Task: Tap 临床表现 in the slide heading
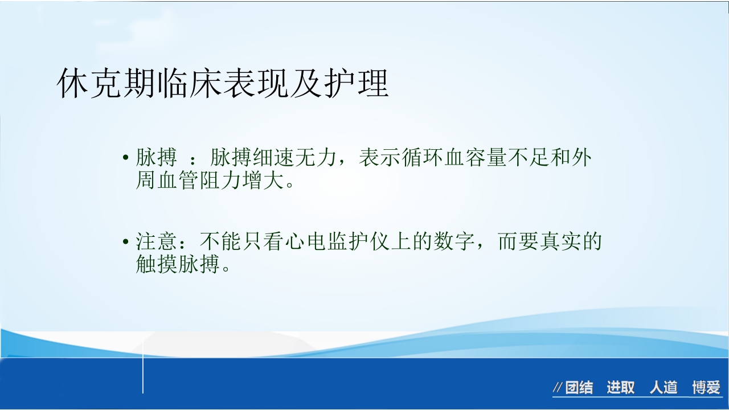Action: pyautogui.click(x=223, y=85)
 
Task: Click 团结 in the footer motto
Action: pyautogui.click(x=579, y=388)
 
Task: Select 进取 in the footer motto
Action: pyautogui.click(x=620, y=388)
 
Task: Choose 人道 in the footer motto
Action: pyautogui.click(x=664, y=388)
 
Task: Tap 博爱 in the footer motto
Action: pyautogui.click(x=706, y=388)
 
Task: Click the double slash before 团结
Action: pyautogui.click(x=558, y=388)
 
